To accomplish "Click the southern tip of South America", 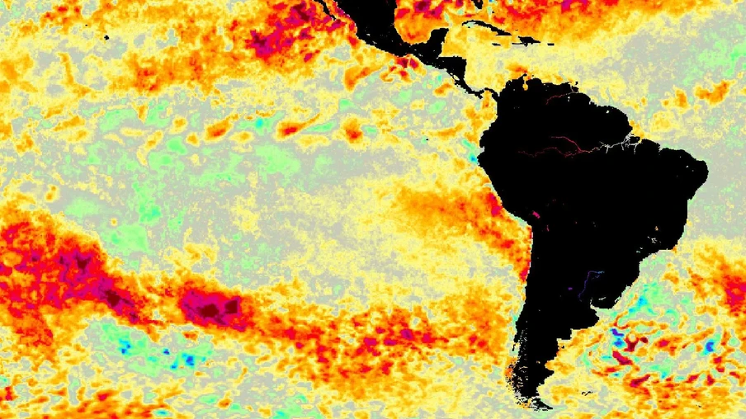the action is (x=541, y=405).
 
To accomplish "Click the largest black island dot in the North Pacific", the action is (x=107, y=37).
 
